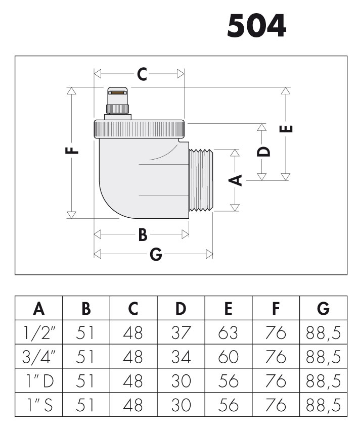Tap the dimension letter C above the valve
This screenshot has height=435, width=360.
tap(142, 75)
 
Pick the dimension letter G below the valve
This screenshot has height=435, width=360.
tap(156, 255)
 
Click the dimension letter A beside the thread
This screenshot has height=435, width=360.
tap(234, 179)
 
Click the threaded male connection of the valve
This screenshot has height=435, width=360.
tap(202, 179)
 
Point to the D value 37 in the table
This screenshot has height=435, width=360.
tap(181, 332)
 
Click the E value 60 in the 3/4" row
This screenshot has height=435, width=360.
tap(229, 357)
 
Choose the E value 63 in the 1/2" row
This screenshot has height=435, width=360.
tap(229, 332)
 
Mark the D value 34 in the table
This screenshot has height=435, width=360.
tap(181, 357)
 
